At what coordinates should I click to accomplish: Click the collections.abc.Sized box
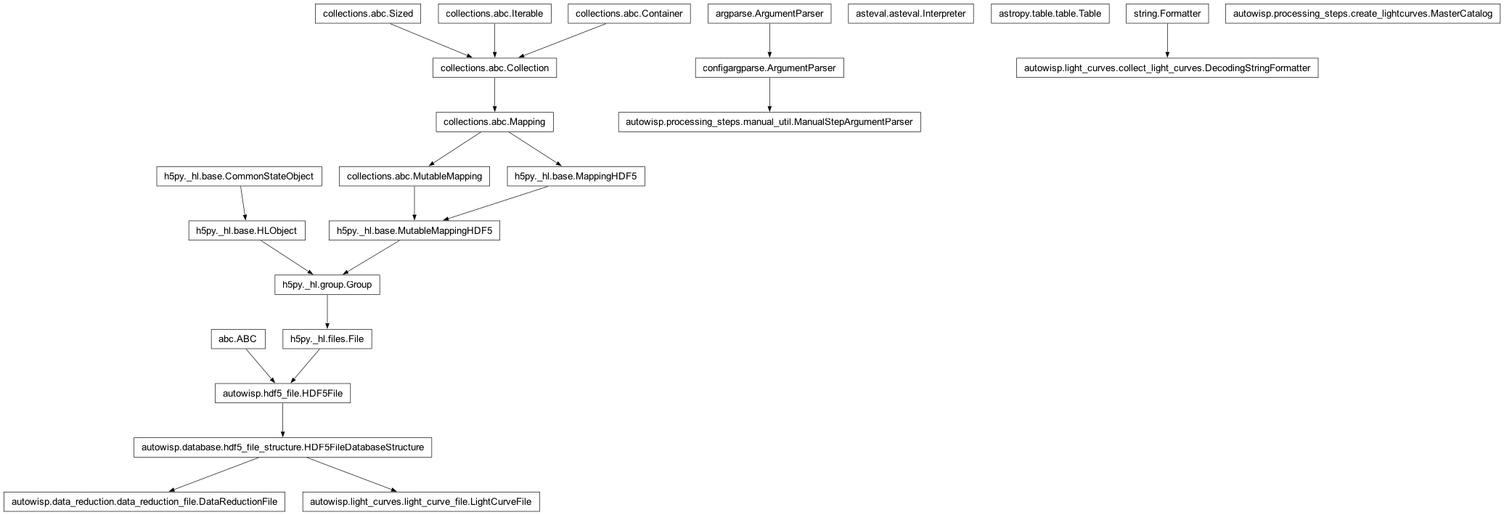pos(368,14)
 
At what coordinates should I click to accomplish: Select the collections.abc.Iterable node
pos(494,14)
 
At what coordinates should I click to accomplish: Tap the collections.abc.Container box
pos(629,14)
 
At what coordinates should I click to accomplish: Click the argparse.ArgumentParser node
pos(769,14)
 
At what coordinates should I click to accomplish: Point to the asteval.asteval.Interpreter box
pos(910,14)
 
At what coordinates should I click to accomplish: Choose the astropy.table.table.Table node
pos(1050,14)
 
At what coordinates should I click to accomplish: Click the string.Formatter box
pos(1167,14)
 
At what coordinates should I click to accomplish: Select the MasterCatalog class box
pos(1362,14)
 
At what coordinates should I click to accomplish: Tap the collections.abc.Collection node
pos(494,68)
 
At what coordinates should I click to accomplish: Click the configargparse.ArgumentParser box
pos(769,68)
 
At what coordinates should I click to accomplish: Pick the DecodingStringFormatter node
pos(1167,68)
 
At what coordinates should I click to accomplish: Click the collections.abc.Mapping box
pos(494,122)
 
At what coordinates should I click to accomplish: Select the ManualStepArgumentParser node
pos(769,122)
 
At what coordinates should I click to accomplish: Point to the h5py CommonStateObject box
pos(239,177)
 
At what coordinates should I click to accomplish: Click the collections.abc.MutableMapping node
pos(414,177)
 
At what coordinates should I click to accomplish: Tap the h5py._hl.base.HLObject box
pos(247,231)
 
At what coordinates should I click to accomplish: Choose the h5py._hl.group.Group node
pos(327,285)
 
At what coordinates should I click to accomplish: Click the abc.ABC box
pos(238,339)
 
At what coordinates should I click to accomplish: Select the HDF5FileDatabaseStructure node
pos(282,447)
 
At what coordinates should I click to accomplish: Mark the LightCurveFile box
pos(421,502)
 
